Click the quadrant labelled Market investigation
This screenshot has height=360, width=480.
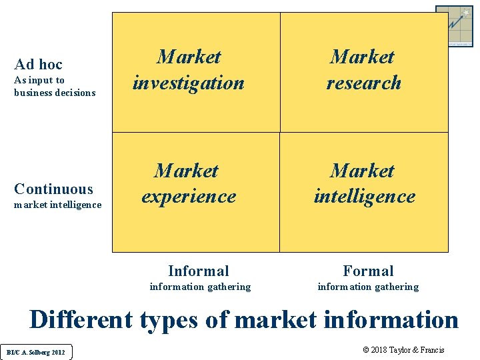click(189, 70)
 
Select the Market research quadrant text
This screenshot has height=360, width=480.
click(363, 70)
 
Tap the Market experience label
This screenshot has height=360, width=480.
click(188, 183)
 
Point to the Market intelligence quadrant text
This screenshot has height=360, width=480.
click(364, 183)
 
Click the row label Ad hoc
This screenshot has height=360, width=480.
click(38, 64)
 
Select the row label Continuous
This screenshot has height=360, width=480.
click(53, 189)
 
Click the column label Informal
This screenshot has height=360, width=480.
click(199, 271)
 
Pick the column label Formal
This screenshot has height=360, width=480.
click(368, 271)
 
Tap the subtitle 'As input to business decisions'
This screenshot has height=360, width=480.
click(55, 87)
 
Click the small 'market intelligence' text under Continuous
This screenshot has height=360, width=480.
click(57, 205)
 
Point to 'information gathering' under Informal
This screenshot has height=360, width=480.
click(200, 287)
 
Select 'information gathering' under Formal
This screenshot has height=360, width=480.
click(368, 287)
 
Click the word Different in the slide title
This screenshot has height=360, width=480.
click(81, 320)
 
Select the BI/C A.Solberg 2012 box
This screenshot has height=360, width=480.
click(37, 351)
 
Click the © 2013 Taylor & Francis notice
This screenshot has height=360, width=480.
click(403, 350)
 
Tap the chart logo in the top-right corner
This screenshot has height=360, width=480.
click(454, 26)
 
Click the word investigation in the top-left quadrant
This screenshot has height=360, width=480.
click(189, 83)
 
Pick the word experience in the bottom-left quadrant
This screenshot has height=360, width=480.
click(189, 197)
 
